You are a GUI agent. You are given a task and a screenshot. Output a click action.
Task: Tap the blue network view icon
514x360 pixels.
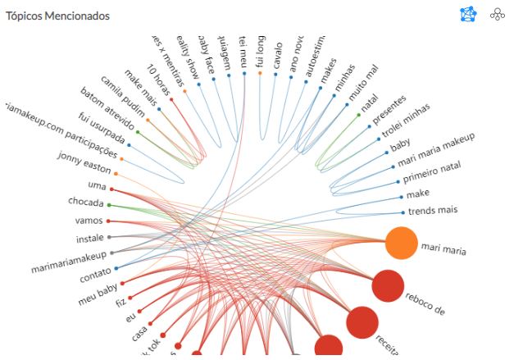coord(467,14)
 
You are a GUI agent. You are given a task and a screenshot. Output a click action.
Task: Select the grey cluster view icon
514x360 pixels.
coord(497,14)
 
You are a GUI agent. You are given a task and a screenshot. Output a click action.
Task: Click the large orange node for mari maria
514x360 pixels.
coord(402,244)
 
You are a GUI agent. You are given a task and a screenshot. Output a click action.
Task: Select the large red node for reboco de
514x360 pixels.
coord(388,286)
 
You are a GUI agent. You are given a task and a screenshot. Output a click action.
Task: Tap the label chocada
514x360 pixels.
coord(85,202)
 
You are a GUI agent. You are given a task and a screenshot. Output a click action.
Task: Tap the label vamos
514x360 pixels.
coord(88,221)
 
